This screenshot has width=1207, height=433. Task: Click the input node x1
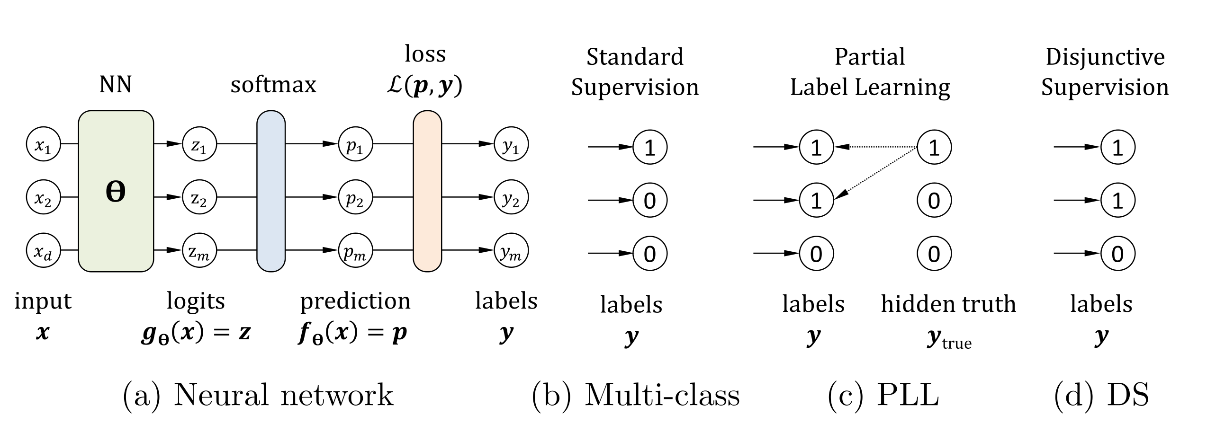(x=43, y=144)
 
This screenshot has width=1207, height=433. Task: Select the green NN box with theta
(x=116, y=191)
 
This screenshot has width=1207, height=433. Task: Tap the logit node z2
(x=199, y=197)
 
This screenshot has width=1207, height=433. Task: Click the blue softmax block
(x=271, y=191)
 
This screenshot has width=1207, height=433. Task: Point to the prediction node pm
(x=355, y=250)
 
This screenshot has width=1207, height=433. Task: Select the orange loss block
(x=427, y=191)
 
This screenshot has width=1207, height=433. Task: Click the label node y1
(x=511, y=144)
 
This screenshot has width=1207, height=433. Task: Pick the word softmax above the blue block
(x=273, y=85)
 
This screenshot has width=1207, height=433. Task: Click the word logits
(x=196, y=301)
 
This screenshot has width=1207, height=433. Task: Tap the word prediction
(x=355, y=301)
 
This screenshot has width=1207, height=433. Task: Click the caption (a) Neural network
(x=258, y=395)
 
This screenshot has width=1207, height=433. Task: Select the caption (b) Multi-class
(x=635, y=395)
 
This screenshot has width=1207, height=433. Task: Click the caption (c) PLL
(x=883, y=395)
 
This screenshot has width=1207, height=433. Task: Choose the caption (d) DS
(x=1101, y=395)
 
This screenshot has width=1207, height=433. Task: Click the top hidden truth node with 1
(x=934, y=147)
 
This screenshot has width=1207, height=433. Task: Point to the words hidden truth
(x=948, y=304)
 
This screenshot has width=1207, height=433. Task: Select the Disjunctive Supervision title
(x=1105, y=72)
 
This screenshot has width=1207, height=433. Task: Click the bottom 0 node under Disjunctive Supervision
(x=1117, y=254)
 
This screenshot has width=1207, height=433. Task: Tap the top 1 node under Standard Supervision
(x=650, y=147)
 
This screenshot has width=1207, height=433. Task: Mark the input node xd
(x=43, y=250)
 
